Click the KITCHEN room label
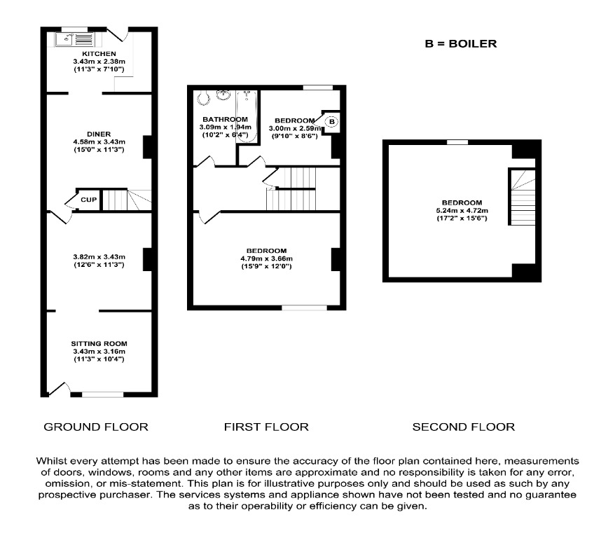click(x=99, y=54)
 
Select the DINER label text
click(x=99, y=134)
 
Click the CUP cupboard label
click(x=88, y=200)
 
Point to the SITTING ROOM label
click(x=99, y=343)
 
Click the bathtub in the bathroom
click(x=247, y=116)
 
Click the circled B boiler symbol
click(x=333, y=122)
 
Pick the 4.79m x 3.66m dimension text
click(x=266, y=258)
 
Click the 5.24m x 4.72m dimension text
click(x=461, y=211)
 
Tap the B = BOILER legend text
click(x=460, y=43)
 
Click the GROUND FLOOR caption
click(x=96, y=426)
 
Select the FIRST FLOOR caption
click(x=266, y=426)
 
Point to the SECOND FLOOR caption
click(x=463, y=426)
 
